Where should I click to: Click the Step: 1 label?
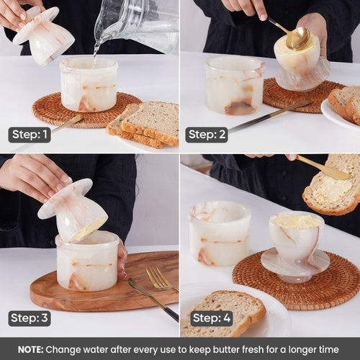point(30,135)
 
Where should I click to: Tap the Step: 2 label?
point(207,135)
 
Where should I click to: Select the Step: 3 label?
point(30,318)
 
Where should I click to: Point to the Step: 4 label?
point(212,318)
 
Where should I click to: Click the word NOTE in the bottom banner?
point(30,350)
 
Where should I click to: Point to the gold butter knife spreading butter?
point(323,167)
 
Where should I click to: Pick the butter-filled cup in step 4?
point(296,247)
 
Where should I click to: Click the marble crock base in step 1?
point(89,84)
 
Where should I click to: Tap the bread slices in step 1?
point(144,124)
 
